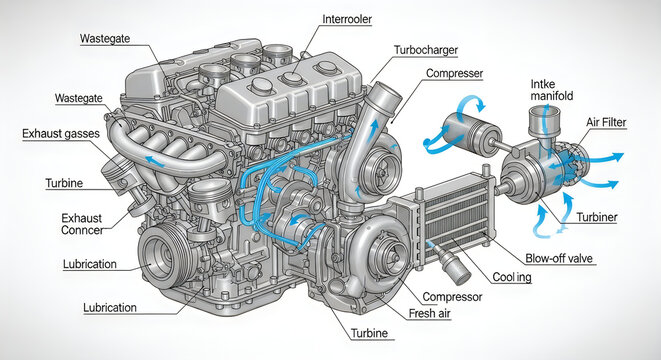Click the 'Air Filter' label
click(615, 121)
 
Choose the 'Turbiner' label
click(597, 215)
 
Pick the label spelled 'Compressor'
click(453, 297)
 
